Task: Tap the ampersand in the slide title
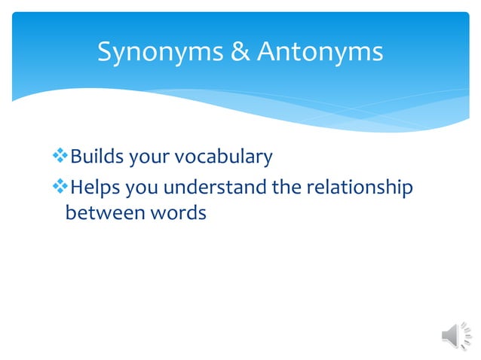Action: (x=243, y=52)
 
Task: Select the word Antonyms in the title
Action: (x=320, y=52)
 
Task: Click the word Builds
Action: (x=97, y=157)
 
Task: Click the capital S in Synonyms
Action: (x=106, y=52)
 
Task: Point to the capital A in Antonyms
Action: (x=266, y=52)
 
